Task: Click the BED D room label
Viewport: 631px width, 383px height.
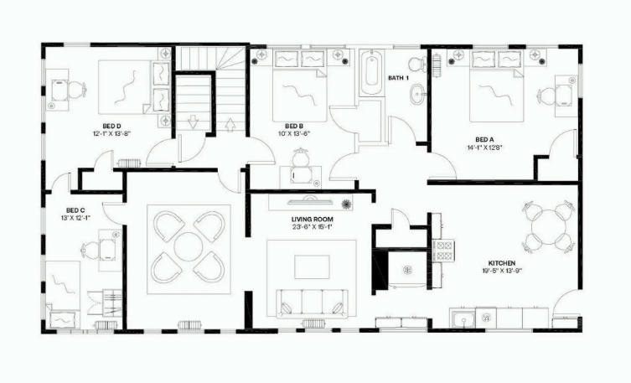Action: point(111,125)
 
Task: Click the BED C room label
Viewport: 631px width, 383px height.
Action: point(75,210)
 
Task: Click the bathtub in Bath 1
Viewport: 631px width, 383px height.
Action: point(371,74)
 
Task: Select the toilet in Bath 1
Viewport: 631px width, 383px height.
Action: point(416,65)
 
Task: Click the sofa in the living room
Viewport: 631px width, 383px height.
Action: point(313,301)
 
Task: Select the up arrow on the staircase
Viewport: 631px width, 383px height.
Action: point(231,127)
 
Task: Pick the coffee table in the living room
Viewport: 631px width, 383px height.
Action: point(311,266)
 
